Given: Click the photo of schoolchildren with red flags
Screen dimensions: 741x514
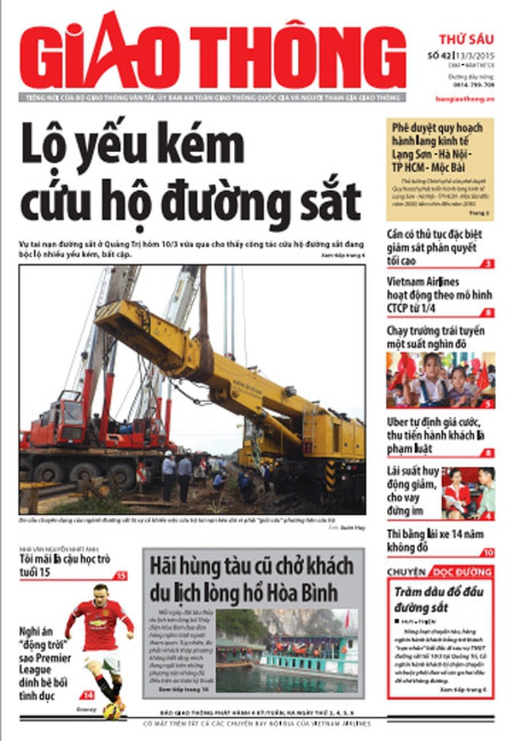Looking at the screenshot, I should [440, 380].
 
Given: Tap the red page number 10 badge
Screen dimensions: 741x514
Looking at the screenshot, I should [488, 553].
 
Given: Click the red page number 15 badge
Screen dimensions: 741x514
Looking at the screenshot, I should [121, 576].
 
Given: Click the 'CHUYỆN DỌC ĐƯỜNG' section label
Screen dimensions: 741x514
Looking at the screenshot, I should [440, 571].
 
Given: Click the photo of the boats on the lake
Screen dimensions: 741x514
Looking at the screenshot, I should [286, 649].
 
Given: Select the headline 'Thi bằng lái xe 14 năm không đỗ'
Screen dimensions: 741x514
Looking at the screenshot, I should [435, 539].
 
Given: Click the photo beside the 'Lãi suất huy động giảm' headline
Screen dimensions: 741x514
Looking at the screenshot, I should [467, 493].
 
